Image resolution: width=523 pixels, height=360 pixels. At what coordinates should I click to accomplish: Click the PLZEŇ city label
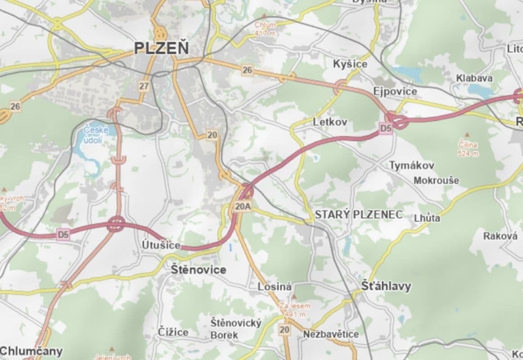(x=162, y=48)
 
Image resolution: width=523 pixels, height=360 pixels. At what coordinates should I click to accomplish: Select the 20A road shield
(x=242, y=207)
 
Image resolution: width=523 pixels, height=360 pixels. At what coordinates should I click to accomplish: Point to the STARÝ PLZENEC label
(x=358, y=215)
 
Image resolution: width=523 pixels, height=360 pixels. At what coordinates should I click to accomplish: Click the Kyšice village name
(x=350, y=64)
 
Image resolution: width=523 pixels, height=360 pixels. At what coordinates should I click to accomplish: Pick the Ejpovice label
(x=395, y=92)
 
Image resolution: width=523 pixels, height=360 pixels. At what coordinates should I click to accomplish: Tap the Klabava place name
(x=474, y=78)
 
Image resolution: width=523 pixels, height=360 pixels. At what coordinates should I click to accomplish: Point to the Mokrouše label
(x=436, y=180)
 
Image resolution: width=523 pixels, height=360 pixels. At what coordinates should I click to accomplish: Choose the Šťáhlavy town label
(x=386, y=286)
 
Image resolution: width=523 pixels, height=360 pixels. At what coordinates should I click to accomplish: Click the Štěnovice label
(x=198, y=270)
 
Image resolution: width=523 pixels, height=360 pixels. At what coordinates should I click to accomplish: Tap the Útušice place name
(x=161, y=245)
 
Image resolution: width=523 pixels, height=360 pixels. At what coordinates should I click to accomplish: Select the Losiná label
(x=275, y=287)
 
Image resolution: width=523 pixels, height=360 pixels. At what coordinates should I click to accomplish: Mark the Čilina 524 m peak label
(x=468, y=149)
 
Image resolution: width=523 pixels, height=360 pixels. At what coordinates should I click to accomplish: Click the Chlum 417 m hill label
(x=265, y=28)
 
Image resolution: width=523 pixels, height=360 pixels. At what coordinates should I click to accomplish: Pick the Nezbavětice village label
(x=331, y=334)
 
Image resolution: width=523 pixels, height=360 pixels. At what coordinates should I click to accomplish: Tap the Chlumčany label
(x=31, y=351)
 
